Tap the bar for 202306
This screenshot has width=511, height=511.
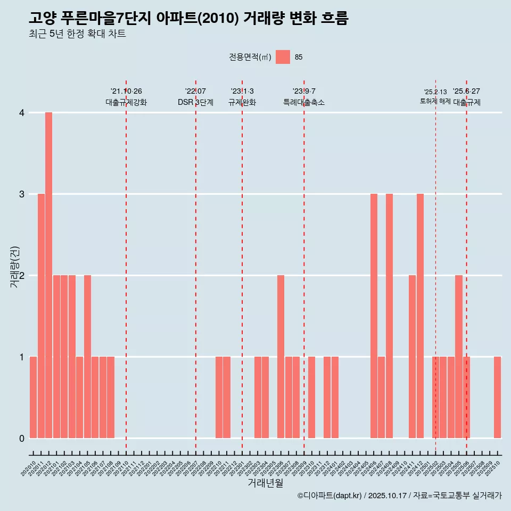[x=281, y=357]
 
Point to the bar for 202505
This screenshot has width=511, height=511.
[x=459, y=357]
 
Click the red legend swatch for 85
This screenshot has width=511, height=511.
[x=283, y=57]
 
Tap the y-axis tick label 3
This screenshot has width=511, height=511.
[x=22, y=194]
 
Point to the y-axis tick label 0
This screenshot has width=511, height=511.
[x=22, y=438]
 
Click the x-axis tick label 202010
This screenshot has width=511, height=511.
[x=29, y=469]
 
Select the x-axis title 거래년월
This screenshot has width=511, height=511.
[x=265, y=483]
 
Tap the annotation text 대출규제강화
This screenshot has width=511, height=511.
[x=126, y=102]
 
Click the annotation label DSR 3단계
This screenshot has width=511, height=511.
[x=195, y=102]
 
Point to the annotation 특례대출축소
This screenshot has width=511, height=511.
[x=303, y=102]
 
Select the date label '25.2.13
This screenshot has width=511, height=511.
[x=435, y=92]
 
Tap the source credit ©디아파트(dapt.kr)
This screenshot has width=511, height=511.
[x=330, y=496]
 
